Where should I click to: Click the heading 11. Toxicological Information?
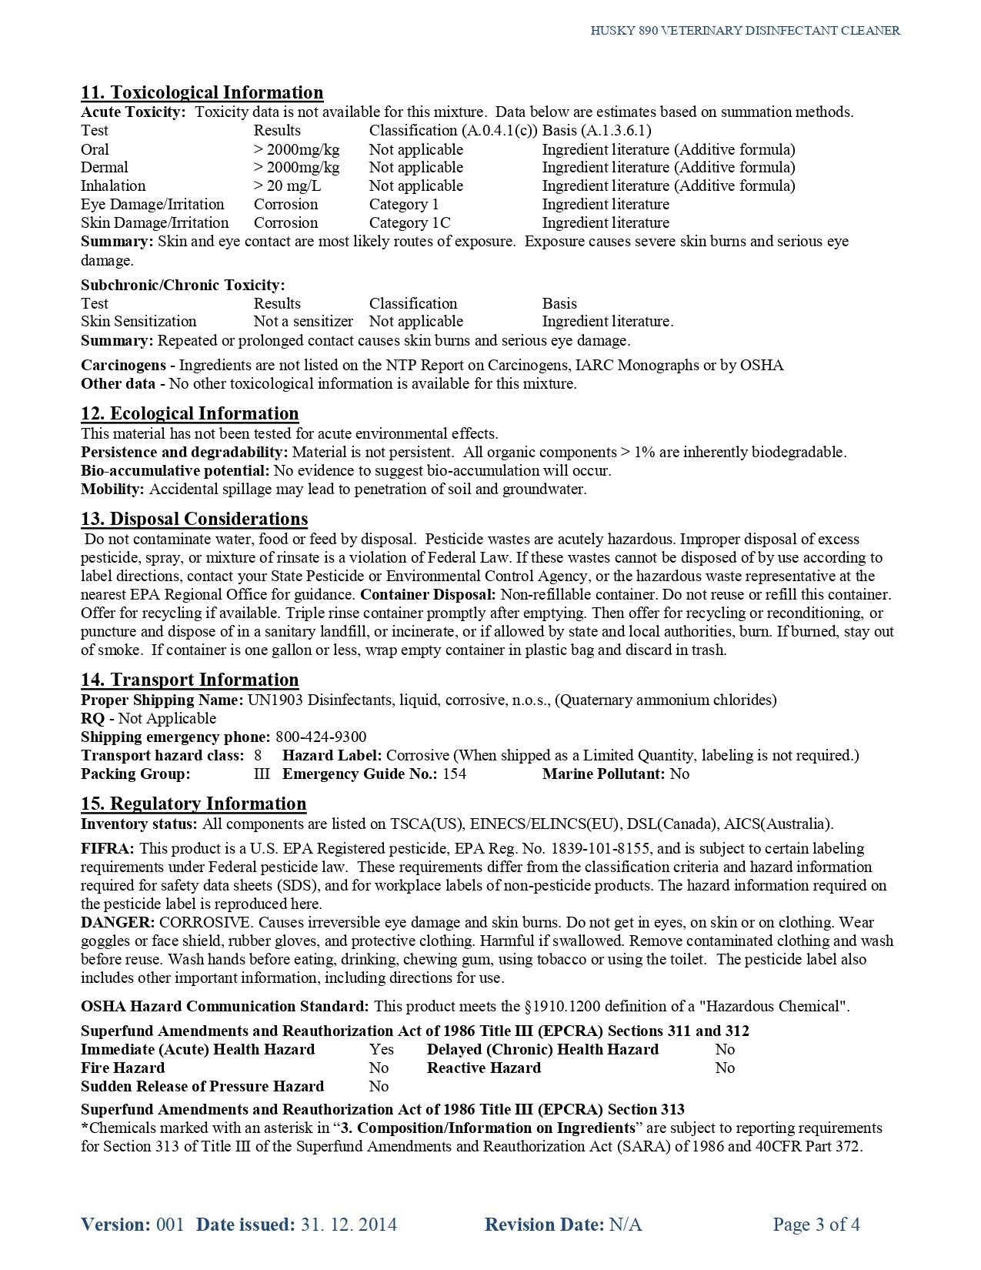pos(202,93)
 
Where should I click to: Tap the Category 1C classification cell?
pos(409,223)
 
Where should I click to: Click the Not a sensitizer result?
pos(303,322)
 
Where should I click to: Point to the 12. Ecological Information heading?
pos(189,414)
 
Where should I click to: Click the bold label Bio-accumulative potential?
pos(175,471)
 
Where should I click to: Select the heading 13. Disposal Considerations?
pos(194,520)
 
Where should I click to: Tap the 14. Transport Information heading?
pos(189,680)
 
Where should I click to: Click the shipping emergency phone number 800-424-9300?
pos(321,737)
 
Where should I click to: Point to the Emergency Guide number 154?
pos(454,774)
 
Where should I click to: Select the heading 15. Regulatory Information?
pos(193,804)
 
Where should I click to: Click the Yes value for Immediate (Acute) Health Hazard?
pos(381,1050)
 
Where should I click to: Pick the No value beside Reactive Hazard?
pos(725,1068)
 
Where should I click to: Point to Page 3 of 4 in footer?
pos(816,1225)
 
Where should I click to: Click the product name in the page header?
pos(745,31)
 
